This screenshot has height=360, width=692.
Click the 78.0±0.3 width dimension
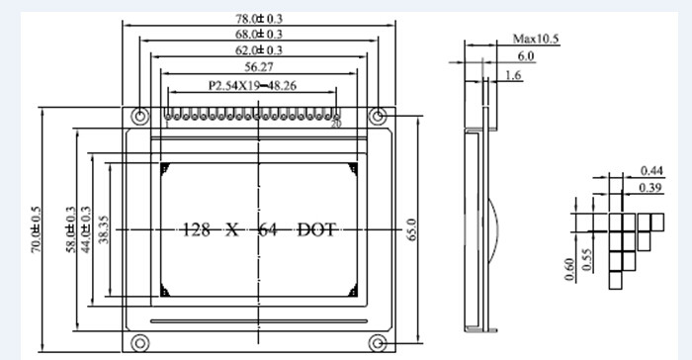[259, 19]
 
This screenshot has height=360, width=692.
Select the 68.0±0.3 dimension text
[259, 34]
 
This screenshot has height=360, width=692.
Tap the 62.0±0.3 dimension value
[259, 49]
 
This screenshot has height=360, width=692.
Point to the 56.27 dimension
[259, 67]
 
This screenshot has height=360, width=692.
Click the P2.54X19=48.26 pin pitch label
[252, 85]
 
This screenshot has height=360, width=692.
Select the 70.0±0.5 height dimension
[36, 229]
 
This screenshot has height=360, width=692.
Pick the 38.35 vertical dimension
[104, 229]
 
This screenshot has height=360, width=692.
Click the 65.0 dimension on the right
[411, 229]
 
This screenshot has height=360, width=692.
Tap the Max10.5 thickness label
[536, 39]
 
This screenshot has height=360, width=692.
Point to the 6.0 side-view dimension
[526, 56]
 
